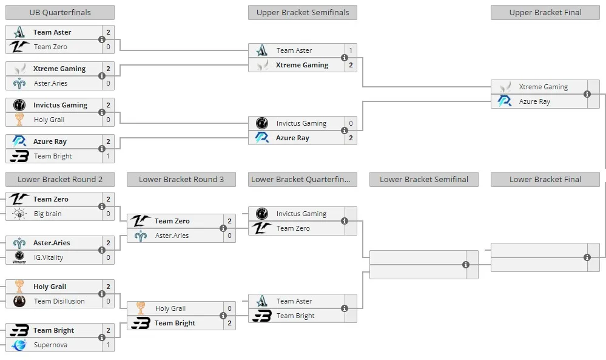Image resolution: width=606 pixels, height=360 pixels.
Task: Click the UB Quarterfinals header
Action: click(60, 12)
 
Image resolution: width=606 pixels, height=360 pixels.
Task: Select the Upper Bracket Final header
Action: click(545, 12)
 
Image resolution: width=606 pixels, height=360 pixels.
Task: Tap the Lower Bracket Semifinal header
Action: click(423, 180)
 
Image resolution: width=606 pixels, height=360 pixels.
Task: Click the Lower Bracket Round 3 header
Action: click(181, 180)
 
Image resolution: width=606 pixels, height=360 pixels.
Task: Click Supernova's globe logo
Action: click(19, 345)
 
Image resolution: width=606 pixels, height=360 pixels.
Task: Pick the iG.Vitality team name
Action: click(49, 257)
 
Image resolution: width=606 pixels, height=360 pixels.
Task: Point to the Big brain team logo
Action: click(19, 214)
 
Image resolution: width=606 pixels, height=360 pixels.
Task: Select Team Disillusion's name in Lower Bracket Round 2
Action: click(59, 301)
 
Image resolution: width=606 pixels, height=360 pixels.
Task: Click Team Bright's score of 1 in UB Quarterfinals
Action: click(108, 156)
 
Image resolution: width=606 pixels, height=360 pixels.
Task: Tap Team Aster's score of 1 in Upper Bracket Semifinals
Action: click(351, 50)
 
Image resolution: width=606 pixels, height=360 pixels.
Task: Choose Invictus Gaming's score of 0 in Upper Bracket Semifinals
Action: click(351, 123)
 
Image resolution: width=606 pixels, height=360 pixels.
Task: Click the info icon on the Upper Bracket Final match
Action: click(587, 94)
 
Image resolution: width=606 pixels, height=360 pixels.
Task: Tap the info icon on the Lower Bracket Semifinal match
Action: click(466, 265)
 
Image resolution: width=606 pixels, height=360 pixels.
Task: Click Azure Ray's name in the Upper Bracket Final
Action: click(534, 101)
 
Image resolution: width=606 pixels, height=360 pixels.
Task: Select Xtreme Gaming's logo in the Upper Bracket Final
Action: click(505, 87)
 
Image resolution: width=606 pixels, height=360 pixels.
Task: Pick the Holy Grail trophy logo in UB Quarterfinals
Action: click(19, 120)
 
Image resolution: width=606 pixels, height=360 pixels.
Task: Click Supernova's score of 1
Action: click(108, 345)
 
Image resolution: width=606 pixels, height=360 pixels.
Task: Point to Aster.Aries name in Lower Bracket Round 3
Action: click(172, 236)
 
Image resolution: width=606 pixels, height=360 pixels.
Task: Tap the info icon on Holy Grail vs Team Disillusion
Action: click(102, 294)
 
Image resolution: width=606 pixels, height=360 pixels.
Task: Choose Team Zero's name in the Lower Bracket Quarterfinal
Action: click(293, 228)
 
